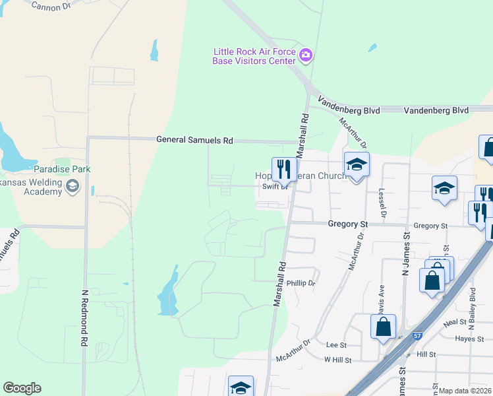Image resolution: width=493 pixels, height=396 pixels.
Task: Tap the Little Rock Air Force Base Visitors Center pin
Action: click(x=305, y=55)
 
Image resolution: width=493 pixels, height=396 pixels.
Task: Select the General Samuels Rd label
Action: click(x=194, y=141)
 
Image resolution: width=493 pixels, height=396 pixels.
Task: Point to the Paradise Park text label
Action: click(x=81, y=170)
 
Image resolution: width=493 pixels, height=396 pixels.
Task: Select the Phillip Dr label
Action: click(x=301, y=283)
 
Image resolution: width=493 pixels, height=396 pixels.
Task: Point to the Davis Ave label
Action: click(x=382, y=298)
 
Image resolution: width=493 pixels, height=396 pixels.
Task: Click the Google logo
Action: click(x=22, y=388)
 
